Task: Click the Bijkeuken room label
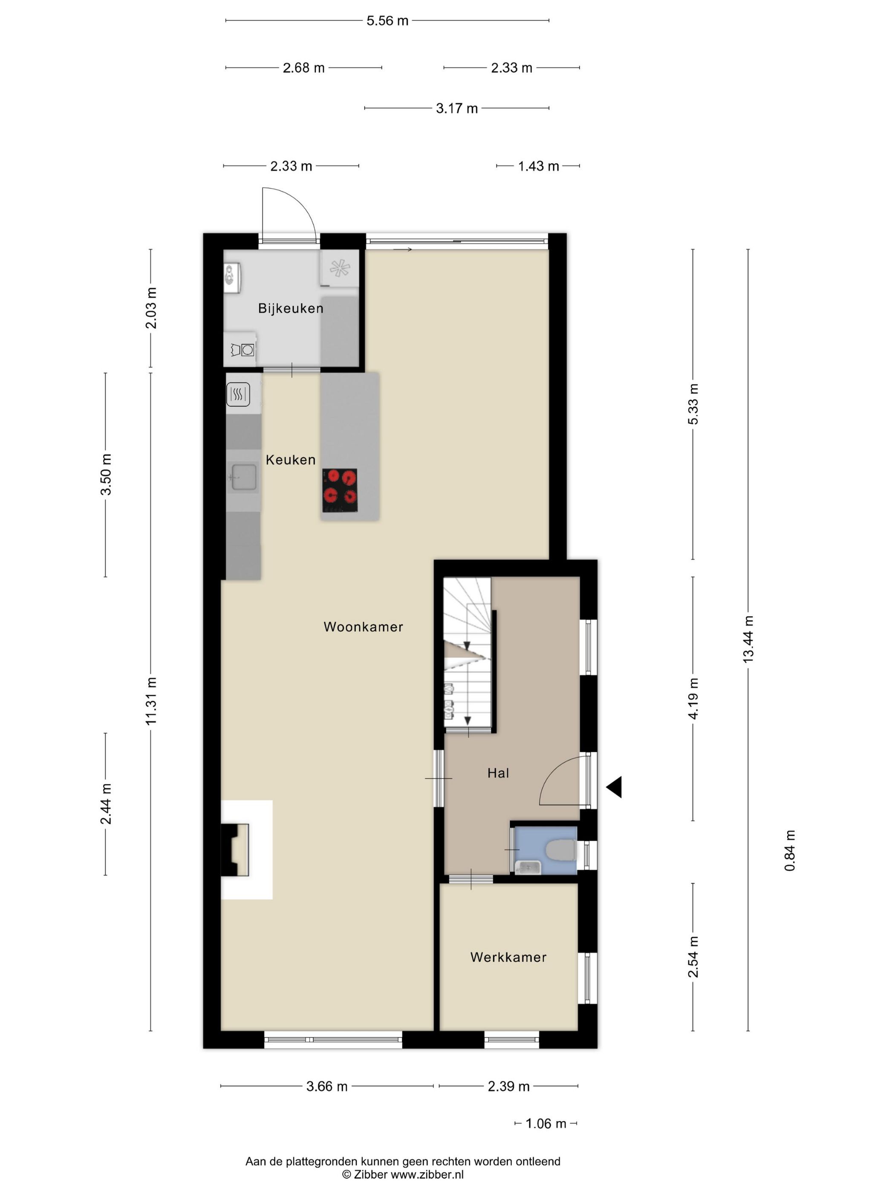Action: tap(290, 308)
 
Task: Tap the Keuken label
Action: tap(290, 460)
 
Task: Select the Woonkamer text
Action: tap(363, 627)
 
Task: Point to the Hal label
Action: tap(498, 773)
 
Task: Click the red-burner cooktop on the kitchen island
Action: tap(340, 490)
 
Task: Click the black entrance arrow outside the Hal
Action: tap(615, 787)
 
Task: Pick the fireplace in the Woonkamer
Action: tap(236, 849)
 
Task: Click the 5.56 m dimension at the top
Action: tap(387, 21)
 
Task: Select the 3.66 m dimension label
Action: tap(327, 1086)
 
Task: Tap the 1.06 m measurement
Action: tap(546, 1123)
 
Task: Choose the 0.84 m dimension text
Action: tap(790, 850)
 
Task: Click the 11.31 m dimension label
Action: tap(150, 701)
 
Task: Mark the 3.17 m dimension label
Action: tap(457, 108)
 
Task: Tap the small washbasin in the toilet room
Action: tap(527, 867)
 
